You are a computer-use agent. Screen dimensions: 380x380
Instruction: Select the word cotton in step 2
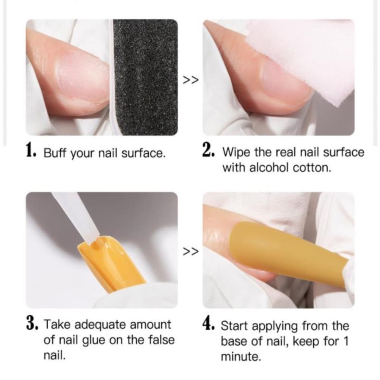point(312,168)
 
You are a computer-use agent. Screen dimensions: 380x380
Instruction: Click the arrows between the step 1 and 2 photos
point(191,80)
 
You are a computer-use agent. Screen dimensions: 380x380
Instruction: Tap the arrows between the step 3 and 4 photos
point(191,251)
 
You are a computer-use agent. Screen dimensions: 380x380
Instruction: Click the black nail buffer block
point(145,77)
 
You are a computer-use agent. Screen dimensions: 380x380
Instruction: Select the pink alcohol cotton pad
point(300,58)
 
